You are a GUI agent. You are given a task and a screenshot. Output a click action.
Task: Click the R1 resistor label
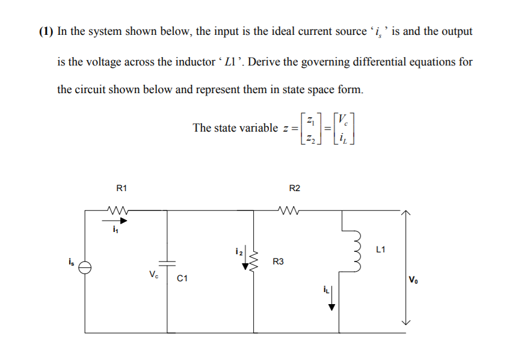(x=121, y=189)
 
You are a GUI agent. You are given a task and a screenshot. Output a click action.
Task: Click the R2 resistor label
(x=294, y=189)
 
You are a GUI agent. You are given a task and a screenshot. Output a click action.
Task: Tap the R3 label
(x=278, y=261)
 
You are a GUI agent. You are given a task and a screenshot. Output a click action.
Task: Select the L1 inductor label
(x=381, y=248)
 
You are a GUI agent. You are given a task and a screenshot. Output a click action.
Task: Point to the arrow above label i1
(x=116, y=221)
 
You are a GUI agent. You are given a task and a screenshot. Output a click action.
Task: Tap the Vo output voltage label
(x=414, y=279)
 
